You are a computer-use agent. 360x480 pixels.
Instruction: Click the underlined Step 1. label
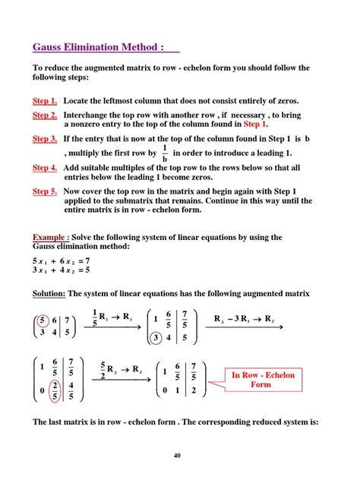point(45,101)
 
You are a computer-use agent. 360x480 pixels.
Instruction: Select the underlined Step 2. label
point(45,115)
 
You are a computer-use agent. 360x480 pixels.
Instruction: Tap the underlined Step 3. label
point(45,139)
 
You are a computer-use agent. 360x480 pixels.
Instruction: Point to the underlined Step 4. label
point(45,168)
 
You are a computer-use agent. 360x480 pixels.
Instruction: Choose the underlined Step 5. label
point(45,191)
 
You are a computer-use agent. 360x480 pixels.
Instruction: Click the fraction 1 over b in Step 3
point(165,154)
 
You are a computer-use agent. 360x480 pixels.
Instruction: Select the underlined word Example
point(52,238)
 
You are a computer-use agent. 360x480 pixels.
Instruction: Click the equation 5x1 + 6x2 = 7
point(62,260)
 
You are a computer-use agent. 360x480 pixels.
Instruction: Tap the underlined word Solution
point(49,294)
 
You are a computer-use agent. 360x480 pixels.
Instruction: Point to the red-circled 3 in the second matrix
point(155,339)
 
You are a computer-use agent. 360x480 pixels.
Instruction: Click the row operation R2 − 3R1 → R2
point(242,319)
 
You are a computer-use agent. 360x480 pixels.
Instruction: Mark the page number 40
point(177,456)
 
